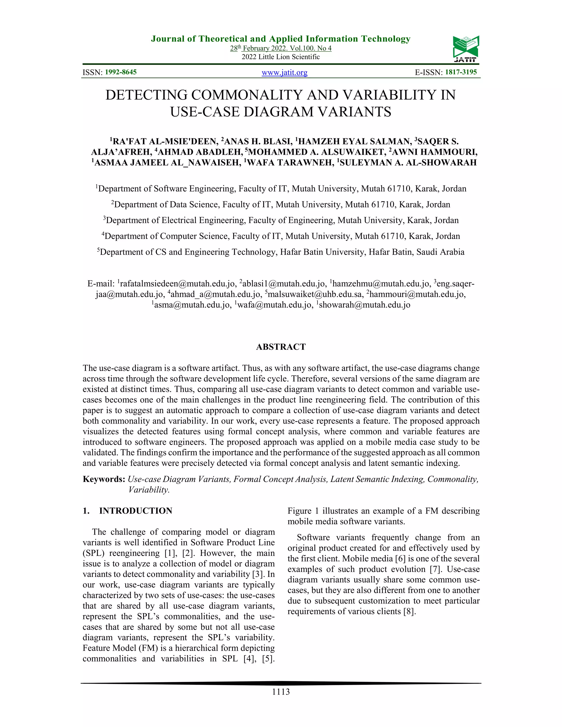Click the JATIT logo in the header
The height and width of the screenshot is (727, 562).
466,49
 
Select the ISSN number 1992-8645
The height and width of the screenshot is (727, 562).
121,72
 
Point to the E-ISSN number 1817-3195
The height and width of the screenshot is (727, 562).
461,72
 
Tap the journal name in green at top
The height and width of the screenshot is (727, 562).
281,39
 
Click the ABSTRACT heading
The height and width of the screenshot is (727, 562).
281,347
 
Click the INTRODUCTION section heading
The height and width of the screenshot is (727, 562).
136,511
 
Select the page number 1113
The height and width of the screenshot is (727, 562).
281,692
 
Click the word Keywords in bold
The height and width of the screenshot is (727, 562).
103,479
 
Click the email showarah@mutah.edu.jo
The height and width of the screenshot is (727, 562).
364,305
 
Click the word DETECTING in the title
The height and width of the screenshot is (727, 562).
147,95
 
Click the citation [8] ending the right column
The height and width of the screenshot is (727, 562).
409,612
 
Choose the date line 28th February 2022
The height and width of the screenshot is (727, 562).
281,48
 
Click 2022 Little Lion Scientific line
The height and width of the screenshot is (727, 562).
281,57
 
